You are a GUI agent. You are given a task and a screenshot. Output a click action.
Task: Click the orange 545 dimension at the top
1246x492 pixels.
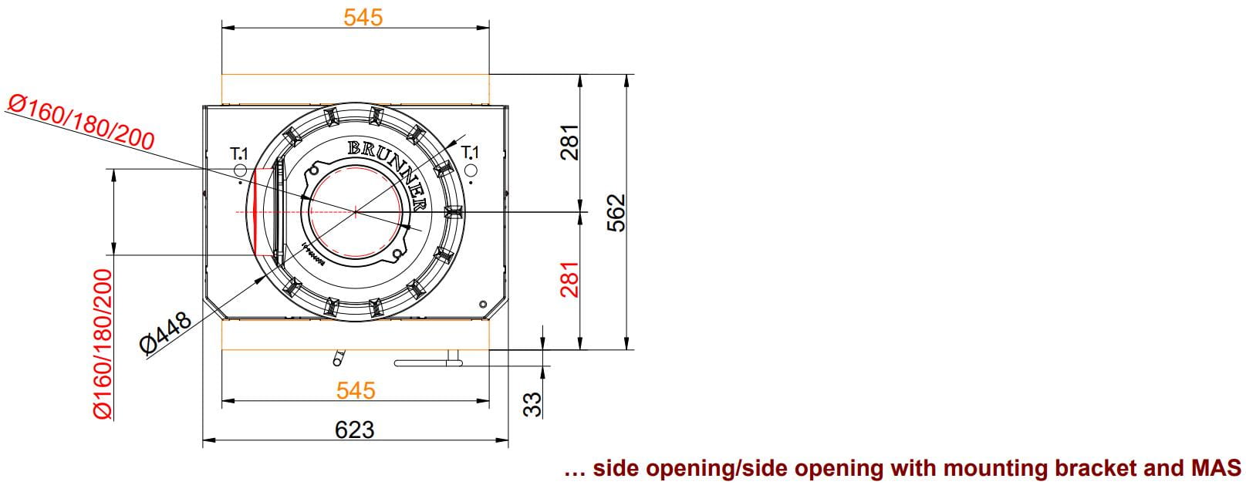(x=363, y=17)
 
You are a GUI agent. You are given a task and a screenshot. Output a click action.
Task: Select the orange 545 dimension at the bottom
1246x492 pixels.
(x=356, y=390)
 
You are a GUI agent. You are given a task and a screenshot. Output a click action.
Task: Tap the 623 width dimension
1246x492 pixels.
(x=355, y=430)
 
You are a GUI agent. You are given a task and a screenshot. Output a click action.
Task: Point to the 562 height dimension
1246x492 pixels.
(x=616, y=212)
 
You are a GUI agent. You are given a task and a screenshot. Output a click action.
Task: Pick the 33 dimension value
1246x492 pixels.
(x=532, y=404)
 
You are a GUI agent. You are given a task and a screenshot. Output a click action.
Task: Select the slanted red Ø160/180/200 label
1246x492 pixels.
(x=82, y=123)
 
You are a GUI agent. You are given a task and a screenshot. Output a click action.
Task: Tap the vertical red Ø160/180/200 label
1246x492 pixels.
(x=103, y=344)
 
